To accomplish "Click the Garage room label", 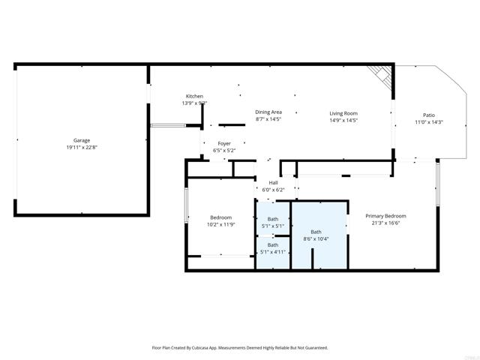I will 81,140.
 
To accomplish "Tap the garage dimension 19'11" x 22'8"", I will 81,147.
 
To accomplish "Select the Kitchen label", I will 194,96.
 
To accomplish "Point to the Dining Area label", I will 268,112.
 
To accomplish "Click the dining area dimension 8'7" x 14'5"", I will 268,118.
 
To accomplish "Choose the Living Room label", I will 343,112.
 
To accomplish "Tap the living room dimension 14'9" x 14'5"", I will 343,119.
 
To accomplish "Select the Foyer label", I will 224,143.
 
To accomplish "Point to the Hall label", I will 273,182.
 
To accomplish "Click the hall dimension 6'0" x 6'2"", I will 273,189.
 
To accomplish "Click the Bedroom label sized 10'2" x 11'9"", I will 220,217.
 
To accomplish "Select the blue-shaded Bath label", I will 316,232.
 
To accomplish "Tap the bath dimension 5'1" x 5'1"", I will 273,226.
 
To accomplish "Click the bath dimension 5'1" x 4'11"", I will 273,252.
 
